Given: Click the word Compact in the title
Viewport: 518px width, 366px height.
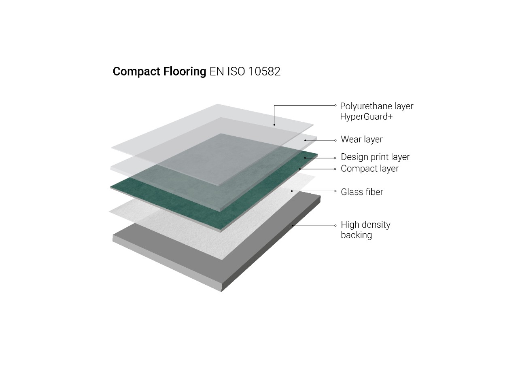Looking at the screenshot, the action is tap(136, 72).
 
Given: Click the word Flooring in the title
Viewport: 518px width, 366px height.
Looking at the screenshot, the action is tap(185, 72).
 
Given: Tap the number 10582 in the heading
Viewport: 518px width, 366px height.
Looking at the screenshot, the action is tap(264, 72).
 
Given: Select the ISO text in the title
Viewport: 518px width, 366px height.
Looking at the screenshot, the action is tap(236, 72).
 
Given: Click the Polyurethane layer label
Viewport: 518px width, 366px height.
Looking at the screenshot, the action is tap(376, 106).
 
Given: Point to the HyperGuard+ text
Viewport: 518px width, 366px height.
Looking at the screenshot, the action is tap(366, 117).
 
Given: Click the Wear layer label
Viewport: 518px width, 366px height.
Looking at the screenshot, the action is tap(362, 140).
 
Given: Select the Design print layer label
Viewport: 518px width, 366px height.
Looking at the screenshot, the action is tap(375, 157).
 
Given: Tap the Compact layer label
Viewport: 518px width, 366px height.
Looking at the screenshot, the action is tap(369, 169).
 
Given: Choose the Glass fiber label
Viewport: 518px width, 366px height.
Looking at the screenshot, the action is tap(362, 192).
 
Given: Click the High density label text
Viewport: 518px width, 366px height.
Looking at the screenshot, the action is tap(365, 224).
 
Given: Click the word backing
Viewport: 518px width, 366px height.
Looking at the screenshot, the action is tap(356, 235).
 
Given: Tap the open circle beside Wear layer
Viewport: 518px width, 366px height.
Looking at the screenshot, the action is tap(335, 140).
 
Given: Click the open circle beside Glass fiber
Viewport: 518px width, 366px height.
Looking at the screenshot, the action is tap(335, 191).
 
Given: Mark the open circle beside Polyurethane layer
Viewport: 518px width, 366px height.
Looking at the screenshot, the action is tap(335, 106).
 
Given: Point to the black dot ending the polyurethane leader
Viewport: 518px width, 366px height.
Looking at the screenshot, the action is tap(274, 125).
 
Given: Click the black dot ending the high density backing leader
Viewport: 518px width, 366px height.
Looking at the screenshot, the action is tap(293, 226).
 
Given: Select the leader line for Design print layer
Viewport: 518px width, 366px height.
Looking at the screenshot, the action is tap(320, 158).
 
